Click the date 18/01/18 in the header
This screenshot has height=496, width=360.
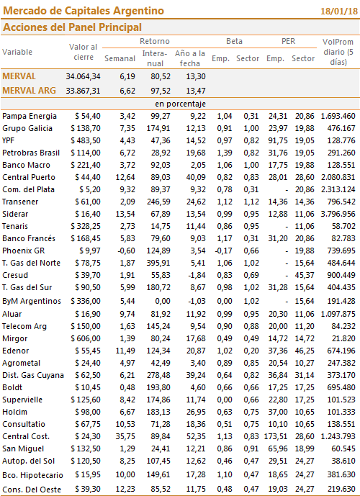point(339,11)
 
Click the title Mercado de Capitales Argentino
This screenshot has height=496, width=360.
point(84,11)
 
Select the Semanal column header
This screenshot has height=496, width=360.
point(120,58)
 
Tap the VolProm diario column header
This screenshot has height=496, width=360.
point(338,52)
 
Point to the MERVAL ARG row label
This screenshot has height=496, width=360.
point(29,91)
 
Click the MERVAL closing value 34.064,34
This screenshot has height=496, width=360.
point(83,76)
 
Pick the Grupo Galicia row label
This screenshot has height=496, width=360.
point(27,128)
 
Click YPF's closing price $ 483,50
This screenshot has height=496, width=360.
point(86,140)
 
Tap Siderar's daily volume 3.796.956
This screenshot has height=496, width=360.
point(338,214)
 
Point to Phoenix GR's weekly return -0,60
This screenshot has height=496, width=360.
point(126,251)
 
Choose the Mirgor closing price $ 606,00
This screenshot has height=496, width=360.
point(86,339)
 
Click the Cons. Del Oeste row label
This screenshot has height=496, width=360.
point(32,490)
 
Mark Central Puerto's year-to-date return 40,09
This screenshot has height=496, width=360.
point(196,177)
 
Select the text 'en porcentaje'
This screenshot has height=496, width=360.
point(180,104)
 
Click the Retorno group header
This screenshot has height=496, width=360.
point(155,41)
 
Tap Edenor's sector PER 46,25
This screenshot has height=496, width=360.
point(305,351)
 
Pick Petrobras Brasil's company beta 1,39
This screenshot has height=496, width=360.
point(225,153)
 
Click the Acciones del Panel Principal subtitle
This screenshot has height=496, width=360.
point(72,27)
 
